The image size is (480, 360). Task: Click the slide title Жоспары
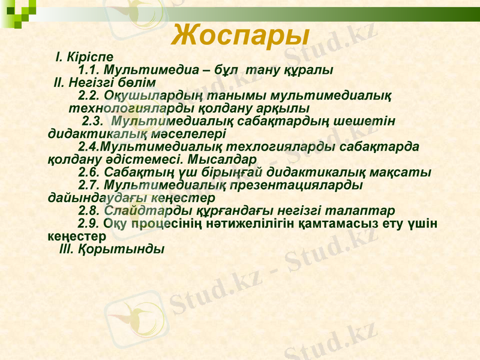tap(240, 35)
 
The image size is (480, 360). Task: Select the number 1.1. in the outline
tap(89, 70)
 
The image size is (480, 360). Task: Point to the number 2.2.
tap(89, 95)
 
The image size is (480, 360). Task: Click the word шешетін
tap(370, 121)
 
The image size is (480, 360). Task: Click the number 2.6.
tap(89, 173)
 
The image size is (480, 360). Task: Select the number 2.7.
tap(89, 185)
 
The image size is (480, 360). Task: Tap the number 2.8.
tap(89, 211)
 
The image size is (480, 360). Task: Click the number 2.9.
tap(89, 224)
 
